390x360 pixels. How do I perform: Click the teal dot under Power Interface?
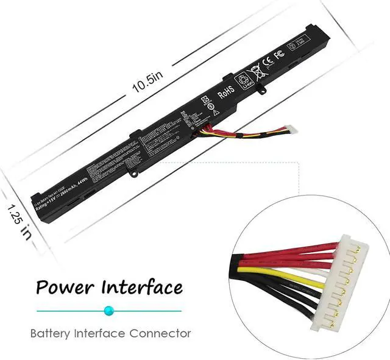(x=109, y=310)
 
